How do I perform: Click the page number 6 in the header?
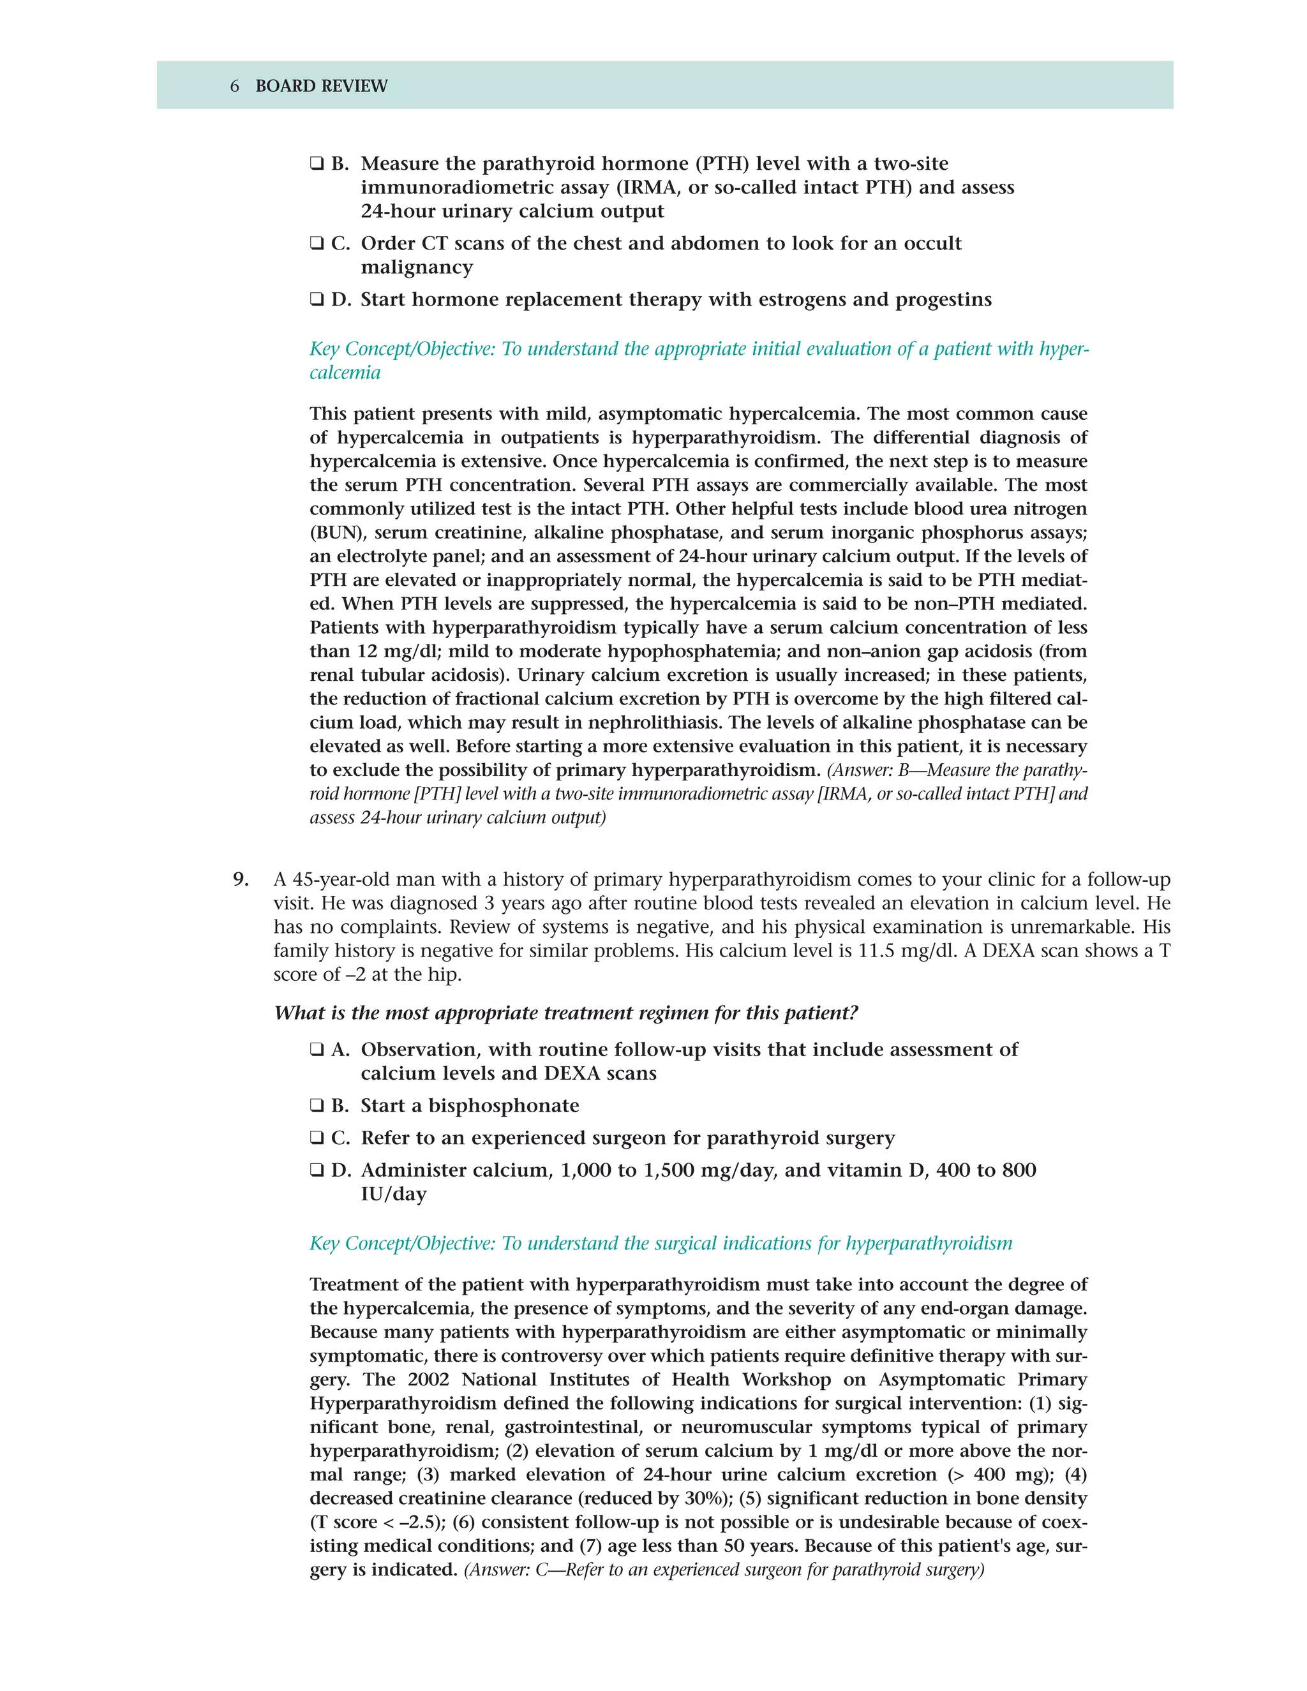235,86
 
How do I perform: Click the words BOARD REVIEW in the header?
322,86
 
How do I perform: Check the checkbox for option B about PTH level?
317,164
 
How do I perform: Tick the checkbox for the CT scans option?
317,244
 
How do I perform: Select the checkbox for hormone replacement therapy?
317,300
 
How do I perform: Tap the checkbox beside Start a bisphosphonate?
317,1106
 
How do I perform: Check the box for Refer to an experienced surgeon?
317,1138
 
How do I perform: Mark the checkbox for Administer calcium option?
317,1171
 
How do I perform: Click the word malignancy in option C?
417,268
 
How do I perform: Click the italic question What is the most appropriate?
565,1013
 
